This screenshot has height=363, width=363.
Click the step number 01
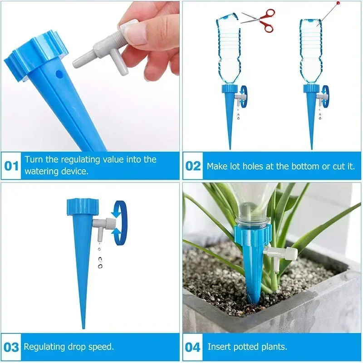click(11, 166)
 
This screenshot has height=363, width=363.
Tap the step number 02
click(193, 166)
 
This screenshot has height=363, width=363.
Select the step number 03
click(11, 347)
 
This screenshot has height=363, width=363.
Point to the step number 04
click(193, 347)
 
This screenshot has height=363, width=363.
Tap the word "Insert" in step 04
click(218, 347)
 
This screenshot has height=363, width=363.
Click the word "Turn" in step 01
click(34, 160)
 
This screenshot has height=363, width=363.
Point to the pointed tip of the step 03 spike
click(83, 326)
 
